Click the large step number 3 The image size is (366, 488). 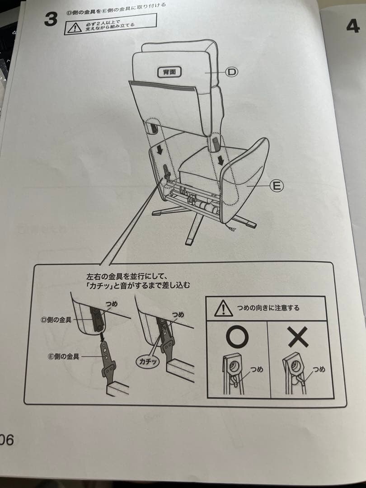click(51, 19)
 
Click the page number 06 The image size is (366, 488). click(6, 440)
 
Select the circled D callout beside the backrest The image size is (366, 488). click(231, 72)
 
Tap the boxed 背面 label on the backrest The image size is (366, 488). click(169, 72)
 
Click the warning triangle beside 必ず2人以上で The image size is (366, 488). click(75, 28)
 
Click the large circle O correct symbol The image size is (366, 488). click(237, 337)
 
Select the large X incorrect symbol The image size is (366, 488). click(298, 337)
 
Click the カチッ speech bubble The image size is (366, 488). click(148, 361)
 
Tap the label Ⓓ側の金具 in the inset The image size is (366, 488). click(56, 319)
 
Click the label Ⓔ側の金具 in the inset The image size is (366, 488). click(64, 357)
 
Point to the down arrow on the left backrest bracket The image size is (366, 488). click(160, 150)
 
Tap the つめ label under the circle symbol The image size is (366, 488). click(257, 370)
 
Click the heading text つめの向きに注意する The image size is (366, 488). click(268, 308)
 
